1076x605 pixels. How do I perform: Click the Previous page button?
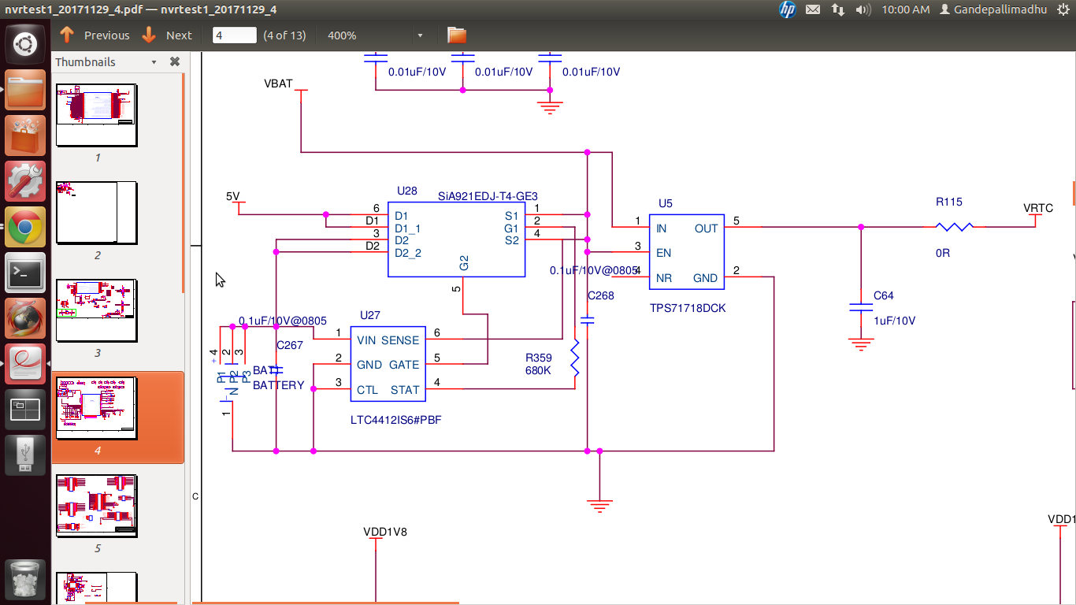coord(95,35)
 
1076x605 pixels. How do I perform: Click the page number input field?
coord(235,35)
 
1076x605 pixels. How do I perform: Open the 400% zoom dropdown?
coord(420,35)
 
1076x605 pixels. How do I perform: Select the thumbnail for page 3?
coord(97,310)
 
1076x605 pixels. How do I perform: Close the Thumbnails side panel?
coord(175,61)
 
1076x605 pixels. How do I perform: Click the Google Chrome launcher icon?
coord(25,228)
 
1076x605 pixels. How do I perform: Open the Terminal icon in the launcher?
coord(25,273)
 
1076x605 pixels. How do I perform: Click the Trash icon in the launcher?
coord(25,581)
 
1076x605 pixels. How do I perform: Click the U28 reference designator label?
coord(407,191)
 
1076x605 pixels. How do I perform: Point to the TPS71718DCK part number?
coord(688,308)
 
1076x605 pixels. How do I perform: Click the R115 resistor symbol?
coord(954,227)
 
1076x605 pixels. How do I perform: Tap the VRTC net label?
coord(1037,208)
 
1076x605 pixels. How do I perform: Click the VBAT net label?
coord(278,84)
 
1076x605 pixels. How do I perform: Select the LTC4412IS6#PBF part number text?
coord(395,420)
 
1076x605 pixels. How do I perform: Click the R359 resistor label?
coord(539,358)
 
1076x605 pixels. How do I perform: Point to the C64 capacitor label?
coord(883,295)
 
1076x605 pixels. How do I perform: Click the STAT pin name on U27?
coord(405,389)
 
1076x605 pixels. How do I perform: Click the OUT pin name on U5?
coord(706,228)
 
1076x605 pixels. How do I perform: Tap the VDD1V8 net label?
coord(385,532)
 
